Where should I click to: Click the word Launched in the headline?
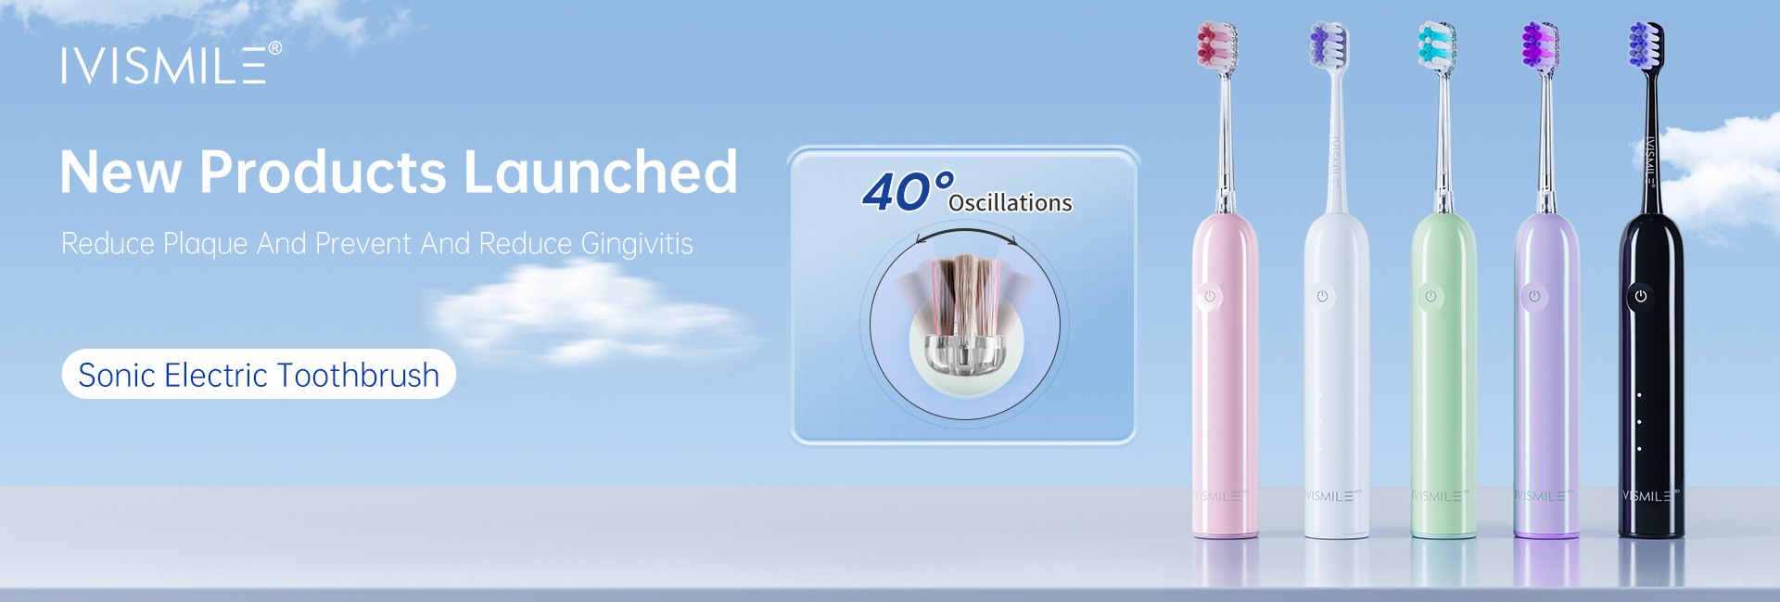(601, 173)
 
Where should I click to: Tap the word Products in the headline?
(324, 173)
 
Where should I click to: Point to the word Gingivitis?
(637, 244)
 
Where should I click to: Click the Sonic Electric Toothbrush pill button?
(259, 375)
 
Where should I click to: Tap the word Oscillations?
(1011, 203)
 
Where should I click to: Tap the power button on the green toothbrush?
(1430, 296)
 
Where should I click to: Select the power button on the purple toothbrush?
(1534, 296)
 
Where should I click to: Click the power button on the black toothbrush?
(1640, 296)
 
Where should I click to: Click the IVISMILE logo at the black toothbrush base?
(1650, 496)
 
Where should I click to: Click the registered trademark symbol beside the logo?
(274, 48)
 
